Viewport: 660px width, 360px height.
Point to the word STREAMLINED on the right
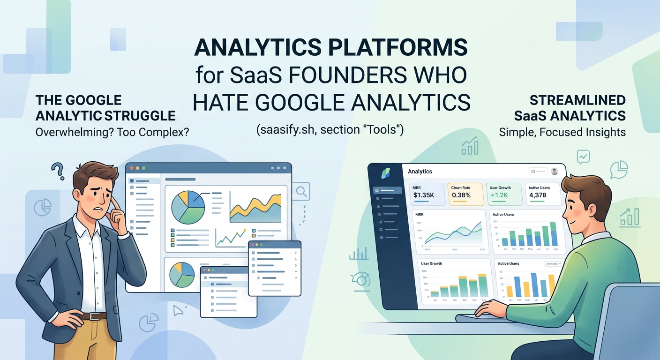pos(577,100)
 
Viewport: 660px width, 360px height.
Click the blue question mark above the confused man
pos(58,171)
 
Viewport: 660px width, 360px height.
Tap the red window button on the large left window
pos(132,168)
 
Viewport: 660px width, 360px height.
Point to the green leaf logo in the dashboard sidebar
pos(385,172)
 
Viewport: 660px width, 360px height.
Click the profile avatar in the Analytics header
pos(555,172)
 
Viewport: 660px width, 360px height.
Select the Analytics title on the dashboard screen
pos(420,172)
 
